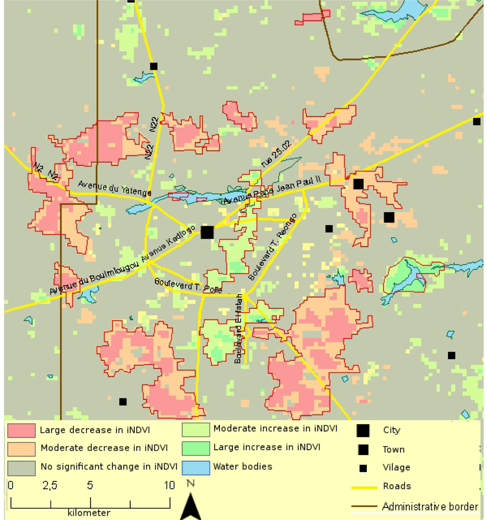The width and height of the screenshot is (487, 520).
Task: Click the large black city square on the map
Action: click(207, 232)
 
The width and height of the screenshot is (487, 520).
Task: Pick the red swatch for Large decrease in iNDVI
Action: click(22, 430)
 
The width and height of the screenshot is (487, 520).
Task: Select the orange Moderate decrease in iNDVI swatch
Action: click(22, 448)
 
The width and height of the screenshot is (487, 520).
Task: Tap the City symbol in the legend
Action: click(363, 430)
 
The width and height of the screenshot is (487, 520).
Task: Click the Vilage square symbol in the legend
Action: click(363, 468)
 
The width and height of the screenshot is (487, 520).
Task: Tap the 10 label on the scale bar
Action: click(170, 486)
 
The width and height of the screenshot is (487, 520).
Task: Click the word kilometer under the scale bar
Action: click(89, 513)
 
